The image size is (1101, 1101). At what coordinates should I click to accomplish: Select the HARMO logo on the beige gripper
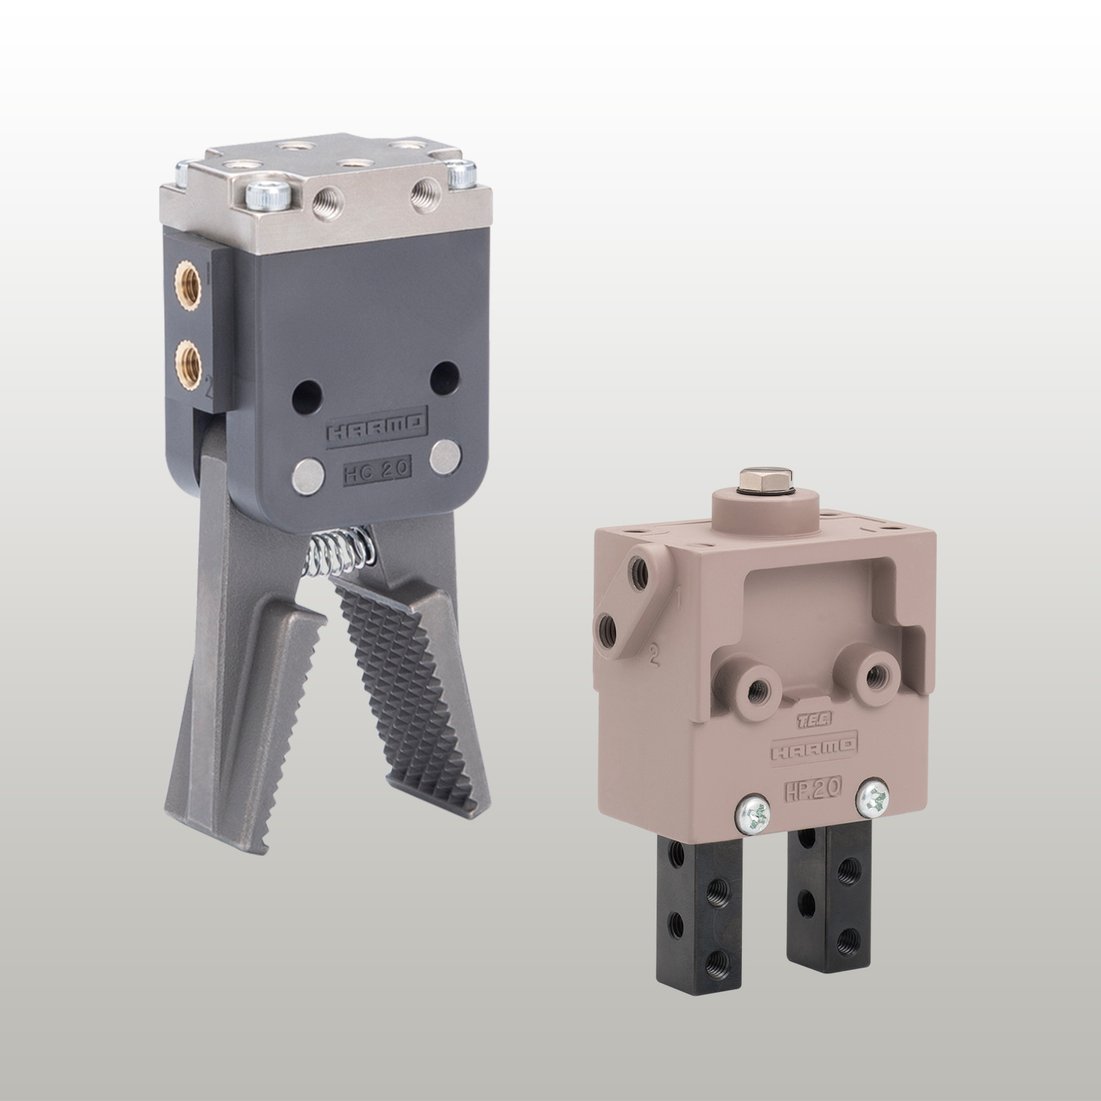(x=813, y=749)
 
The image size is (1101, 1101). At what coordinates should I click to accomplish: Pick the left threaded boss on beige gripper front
(x=756, y=689)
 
